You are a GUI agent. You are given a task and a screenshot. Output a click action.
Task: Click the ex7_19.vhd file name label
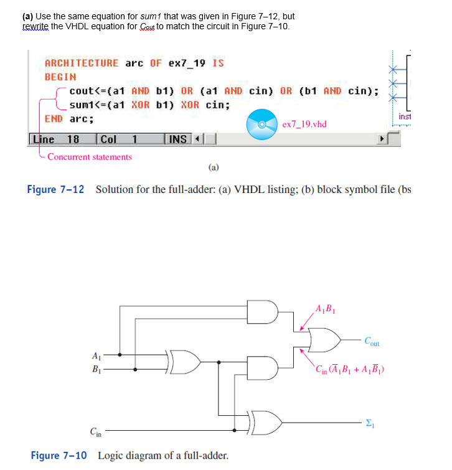tap(304, 124)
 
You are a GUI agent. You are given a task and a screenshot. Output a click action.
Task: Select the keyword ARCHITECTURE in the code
tap(82, 63)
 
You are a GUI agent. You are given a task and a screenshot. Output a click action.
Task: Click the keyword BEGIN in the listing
tap(60, 77)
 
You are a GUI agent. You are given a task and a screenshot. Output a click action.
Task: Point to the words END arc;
tap(69, 118)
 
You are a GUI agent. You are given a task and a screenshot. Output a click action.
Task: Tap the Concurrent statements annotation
tap(90, 157)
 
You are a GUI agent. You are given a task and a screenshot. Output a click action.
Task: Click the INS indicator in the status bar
tap(178, 139)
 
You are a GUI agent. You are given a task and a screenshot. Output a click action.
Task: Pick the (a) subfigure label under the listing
tap(214, 167)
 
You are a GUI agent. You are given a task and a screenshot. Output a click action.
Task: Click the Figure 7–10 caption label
tap(60, 455)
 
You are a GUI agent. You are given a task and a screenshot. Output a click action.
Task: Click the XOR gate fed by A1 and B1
tap(184, 362)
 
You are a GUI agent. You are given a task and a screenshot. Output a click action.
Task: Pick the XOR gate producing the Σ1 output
tap(266, 421)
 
